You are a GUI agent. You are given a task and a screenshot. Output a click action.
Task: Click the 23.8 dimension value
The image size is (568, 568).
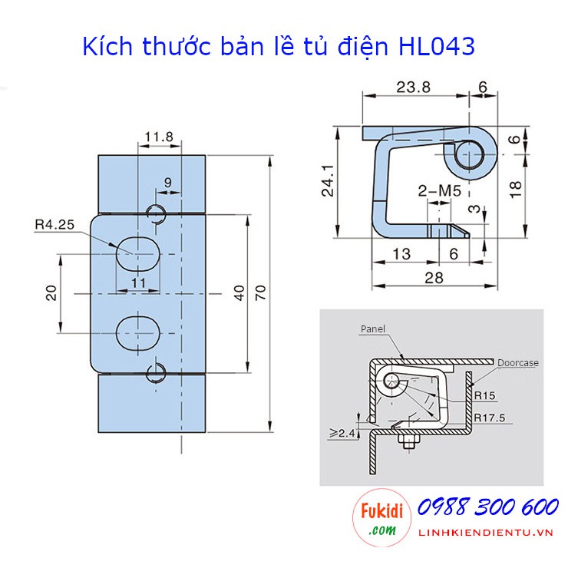(413, 88)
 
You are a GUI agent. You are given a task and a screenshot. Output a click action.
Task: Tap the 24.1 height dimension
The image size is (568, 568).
(329, 180)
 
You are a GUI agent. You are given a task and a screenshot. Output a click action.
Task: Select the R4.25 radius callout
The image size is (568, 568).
(54, 225)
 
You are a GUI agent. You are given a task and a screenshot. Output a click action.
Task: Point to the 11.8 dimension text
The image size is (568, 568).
(159, 137)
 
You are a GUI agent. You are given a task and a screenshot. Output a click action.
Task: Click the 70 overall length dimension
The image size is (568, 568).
(260, 292)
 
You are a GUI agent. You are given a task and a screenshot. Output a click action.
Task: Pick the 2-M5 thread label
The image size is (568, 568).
(439, 191)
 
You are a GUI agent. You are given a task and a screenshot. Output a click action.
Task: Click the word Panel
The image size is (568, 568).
(373, 329)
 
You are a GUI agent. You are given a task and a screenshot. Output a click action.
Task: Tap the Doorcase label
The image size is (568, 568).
(517, 362)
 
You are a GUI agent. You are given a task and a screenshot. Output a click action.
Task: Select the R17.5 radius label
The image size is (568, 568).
(490, 418)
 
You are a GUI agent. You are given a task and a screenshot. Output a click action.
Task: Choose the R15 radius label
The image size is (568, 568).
(484, 395)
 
